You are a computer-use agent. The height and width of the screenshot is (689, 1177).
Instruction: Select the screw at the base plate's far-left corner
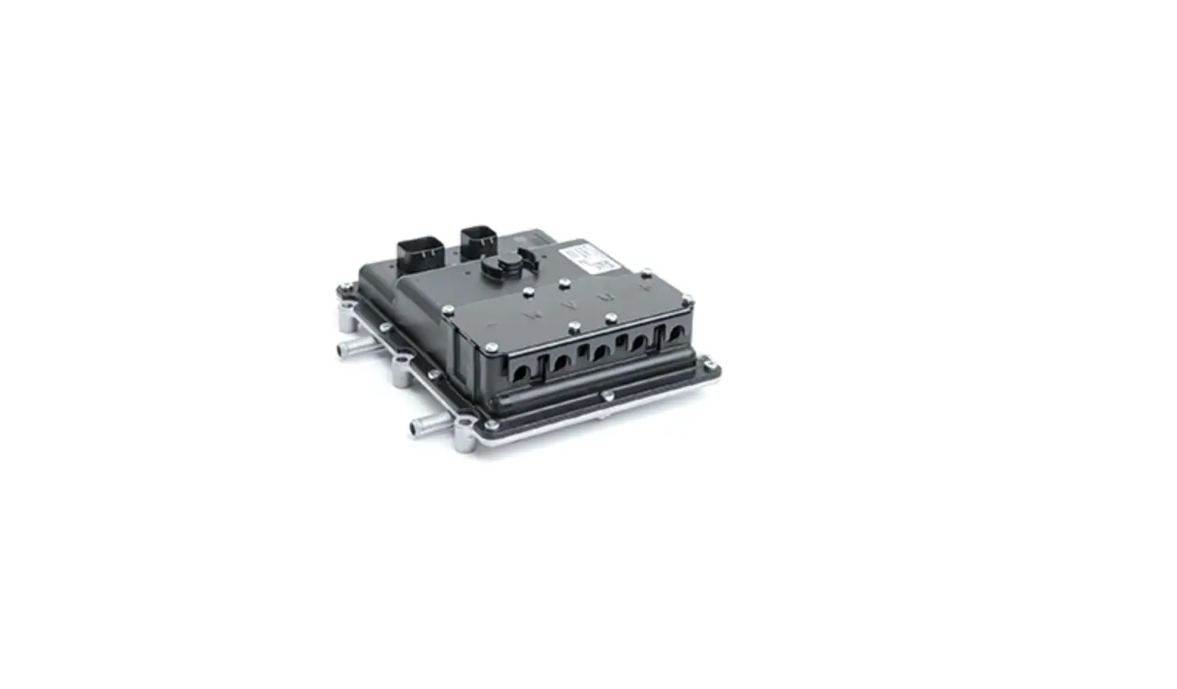click(x=342, y=292)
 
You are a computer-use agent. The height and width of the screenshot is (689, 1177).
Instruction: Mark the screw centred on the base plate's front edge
click(x=607, y=398)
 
